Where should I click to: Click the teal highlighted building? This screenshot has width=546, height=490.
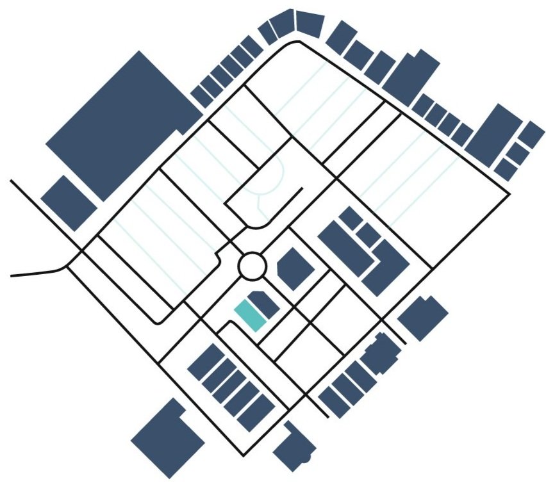[x=250, y=316]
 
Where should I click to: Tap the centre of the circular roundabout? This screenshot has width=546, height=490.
[x=252, y=265]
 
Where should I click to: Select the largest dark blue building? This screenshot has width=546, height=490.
[x=122, y=122]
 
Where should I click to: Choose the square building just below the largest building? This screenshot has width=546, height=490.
[x=69, y=202]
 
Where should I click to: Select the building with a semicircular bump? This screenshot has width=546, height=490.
[x=295, y=446]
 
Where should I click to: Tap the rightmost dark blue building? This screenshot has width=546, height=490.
[x=531, y=135]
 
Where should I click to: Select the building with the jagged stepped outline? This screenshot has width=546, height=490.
[x=382, y=352]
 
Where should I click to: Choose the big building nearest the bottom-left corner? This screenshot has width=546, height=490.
[x=167, y=439]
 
